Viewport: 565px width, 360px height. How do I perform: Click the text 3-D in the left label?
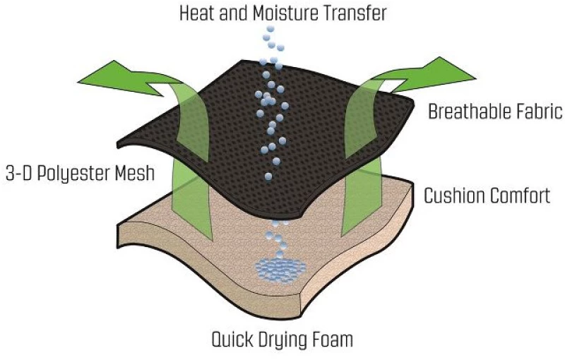pyautogui.click(x=19, y=174)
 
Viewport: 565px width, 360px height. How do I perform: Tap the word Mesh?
pyautogui.click(x=135, y=173)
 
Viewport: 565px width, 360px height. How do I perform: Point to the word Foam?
pyautogui.click(x=332, y=340)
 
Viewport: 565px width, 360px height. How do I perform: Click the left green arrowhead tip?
pyautogui.click(x=78, y=83)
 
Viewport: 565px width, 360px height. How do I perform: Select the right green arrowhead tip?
pyautogui.click(x=475, y=78)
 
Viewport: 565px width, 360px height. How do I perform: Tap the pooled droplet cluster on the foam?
pyautogui.click(x=281, y=270)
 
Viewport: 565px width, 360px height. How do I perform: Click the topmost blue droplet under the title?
pyautogui.click(x=270, y=29)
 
